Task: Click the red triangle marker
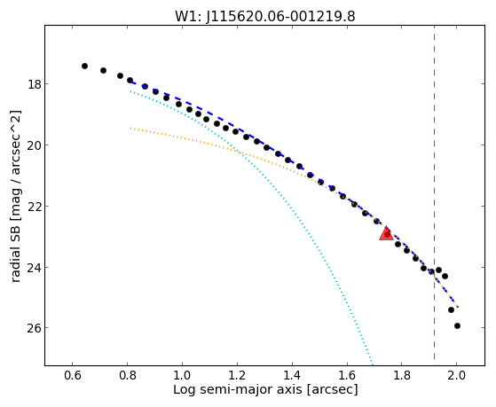point(386,234)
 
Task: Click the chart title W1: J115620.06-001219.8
point(265,16)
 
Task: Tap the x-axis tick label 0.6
point(73,375)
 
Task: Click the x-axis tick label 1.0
point(182,375)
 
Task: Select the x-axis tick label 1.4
point(292,375)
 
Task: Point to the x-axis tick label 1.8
point(402,375)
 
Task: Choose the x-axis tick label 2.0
point(456,375)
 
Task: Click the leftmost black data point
point(84,66)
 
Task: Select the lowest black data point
point(457,325)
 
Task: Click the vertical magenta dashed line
point(434,192)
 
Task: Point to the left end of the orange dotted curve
point(130,128)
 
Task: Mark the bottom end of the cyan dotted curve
point(373,364)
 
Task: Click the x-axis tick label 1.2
point(237,375)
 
